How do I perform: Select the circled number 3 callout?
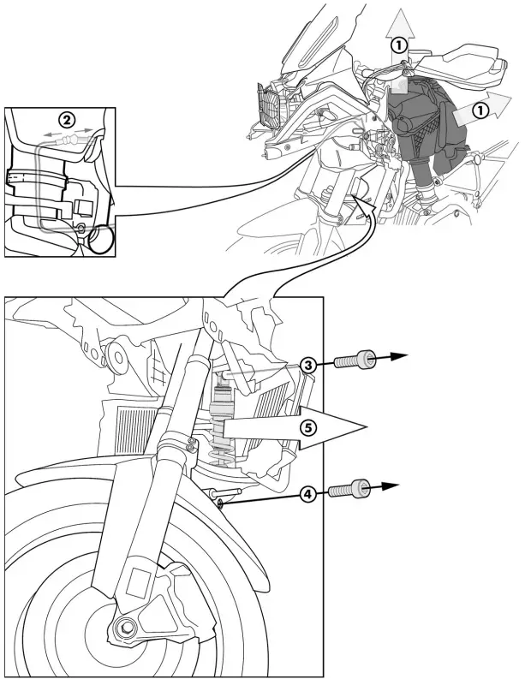[309, 365]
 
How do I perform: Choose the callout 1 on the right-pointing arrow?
[481, 110]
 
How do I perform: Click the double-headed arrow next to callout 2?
[66, 134]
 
